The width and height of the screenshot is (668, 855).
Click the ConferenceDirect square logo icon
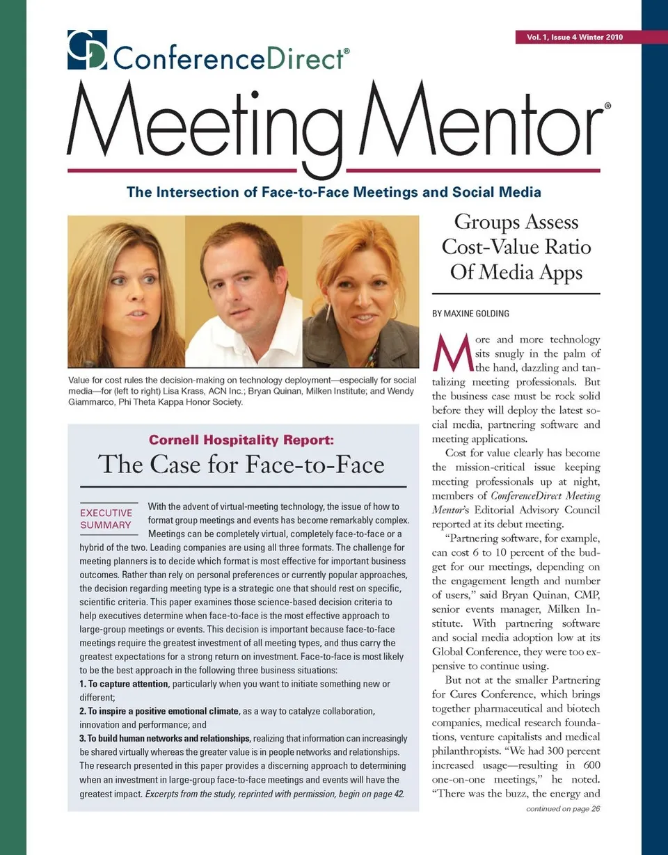(87, 49)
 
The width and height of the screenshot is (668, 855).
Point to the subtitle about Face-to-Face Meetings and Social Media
(333, 192)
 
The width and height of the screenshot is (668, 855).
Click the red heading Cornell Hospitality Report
(241, 440)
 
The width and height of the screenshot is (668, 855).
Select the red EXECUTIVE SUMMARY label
(106, 519)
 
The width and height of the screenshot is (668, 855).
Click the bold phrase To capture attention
(124, 685)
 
